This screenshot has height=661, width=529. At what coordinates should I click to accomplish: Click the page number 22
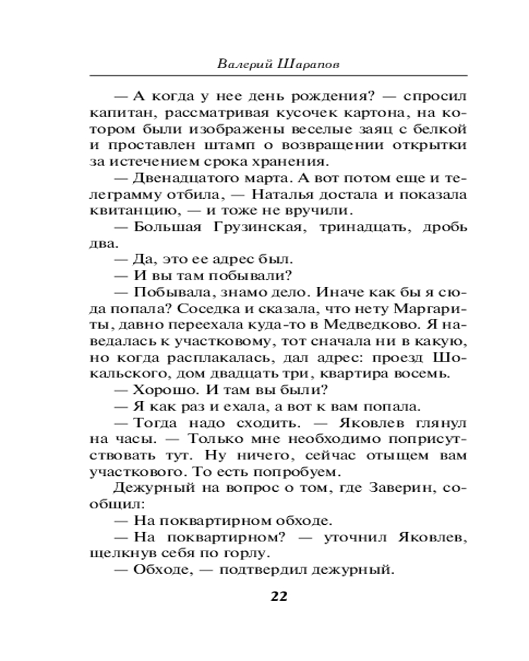(x=278, y=597)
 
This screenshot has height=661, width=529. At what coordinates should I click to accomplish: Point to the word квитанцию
(x=120, y=212)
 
